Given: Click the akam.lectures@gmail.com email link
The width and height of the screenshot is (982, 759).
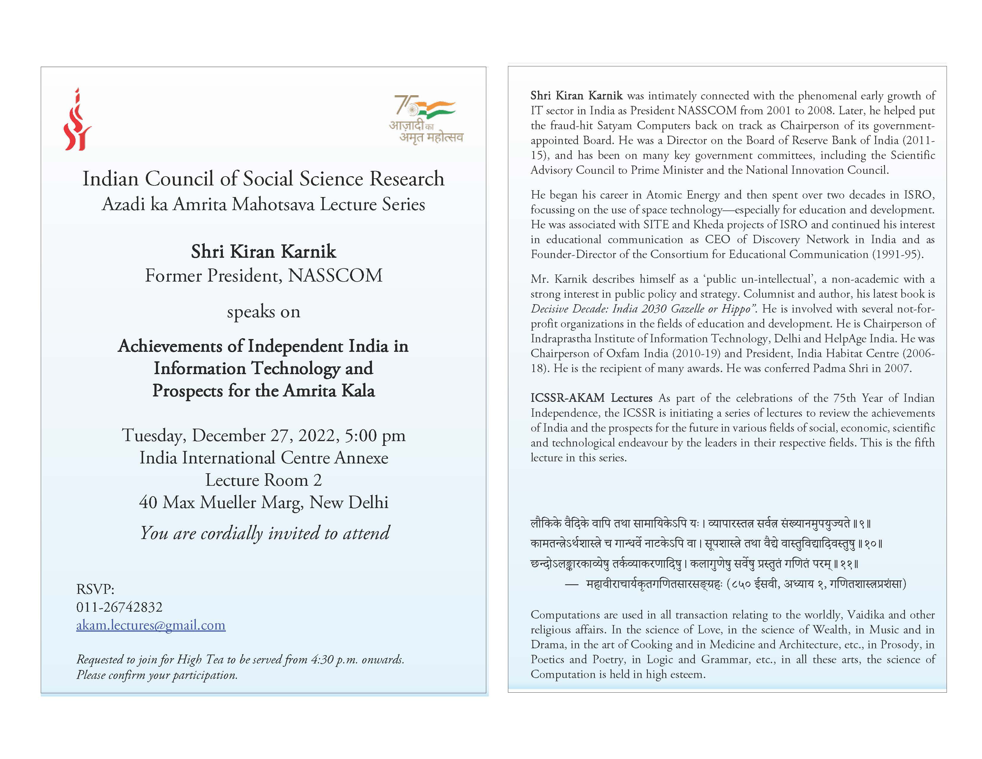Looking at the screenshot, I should pos(151,625).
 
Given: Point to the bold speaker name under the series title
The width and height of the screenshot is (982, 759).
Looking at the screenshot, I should pos(263,251).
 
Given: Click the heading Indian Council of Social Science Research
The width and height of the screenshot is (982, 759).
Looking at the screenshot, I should pos(263,179).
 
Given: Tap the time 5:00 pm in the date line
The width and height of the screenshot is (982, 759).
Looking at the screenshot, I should pos(375,435).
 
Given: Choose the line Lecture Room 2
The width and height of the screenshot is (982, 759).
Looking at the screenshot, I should pos(263,480).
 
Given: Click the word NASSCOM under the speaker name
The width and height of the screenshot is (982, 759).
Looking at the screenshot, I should pos(335,276).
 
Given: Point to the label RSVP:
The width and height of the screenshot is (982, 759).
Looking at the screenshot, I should pos(95,589).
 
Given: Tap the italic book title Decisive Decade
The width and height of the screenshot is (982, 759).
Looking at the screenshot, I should pos(571,309).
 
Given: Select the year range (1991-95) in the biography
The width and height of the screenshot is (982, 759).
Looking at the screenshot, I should pos(897,254).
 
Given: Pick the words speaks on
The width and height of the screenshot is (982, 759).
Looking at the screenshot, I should pos(263,312).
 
